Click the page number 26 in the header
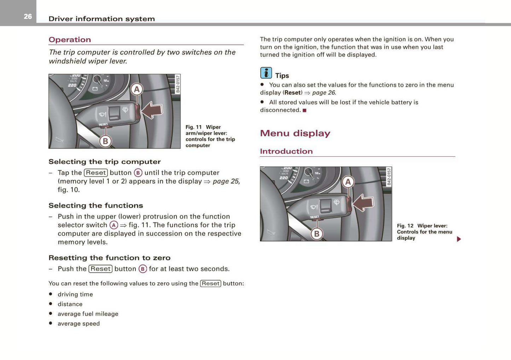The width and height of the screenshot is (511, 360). click(x=28, y=16)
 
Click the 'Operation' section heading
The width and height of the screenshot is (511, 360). click(x=70, y=40)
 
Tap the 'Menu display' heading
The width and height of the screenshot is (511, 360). click(x=295, y=133)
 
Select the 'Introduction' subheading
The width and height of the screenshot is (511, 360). click(x=286, y=151)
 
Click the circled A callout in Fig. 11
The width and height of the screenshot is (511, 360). click(x=137, y=89)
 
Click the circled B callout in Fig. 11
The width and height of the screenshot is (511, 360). click(x=105, y=141)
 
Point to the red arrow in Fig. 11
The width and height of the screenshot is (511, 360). click(x=152, y=110)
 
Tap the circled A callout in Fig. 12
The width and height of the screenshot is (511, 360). click(x=348, y=182)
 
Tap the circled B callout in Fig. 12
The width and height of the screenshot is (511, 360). click(x=317, y=234)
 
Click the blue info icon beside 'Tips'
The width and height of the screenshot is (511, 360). click(x=266, y=73)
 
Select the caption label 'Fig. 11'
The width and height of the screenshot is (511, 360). click(x=193, y=127)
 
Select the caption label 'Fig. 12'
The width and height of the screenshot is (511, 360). click(x=405, y=226)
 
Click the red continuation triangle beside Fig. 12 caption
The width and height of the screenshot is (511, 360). click(x=459, y=239)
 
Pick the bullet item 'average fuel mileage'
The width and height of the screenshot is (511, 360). click(x=88, y=314)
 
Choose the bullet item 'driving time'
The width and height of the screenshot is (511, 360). click(x=75, y=294)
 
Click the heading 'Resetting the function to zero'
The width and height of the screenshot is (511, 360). click(x=109, y=258)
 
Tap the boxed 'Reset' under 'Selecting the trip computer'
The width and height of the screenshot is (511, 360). click(x=95, y=173)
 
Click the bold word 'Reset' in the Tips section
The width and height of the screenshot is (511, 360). click(x=292, y=93)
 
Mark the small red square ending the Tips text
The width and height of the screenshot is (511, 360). click(x=304, y=110)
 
